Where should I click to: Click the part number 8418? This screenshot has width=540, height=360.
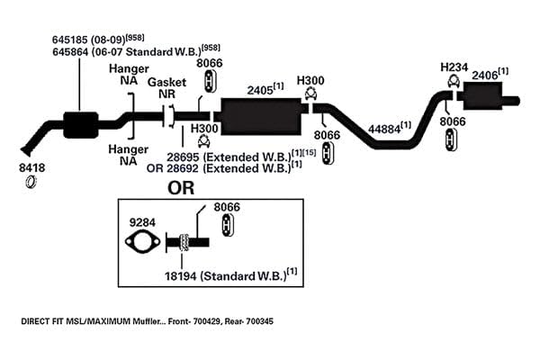point(31,167)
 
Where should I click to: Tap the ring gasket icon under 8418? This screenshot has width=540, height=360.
point(31,182)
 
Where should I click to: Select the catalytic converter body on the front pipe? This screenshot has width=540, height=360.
point(81,125)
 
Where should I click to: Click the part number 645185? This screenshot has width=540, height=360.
point(70,40)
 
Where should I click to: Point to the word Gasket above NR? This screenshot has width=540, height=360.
point(166,82)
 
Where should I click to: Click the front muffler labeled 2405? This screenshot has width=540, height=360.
point(261,116)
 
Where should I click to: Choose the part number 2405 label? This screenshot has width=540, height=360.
point(260,90)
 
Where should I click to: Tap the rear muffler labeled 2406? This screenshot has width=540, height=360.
point(482,96)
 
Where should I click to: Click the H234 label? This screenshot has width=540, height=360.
point(454,67)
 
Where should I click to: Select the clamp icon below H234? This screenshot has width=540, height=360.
point(454,81)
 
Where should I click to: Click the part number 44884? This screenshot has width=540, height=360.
point(384,130)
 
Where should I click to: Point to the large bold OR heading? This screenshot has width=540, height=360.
point(181,188)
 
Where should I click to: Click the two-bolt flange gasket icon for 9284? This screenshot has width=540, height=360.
point(142,242)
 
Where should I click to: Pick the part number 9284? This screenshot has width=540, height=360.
point(142,222)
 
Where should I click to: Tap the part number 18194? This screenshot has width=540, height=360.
point(181,276)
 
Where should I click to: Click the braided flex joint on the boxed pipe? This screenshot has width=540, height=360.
point(184,242)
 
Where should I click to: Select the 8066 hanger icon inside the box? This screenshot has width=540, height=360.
point(228,225)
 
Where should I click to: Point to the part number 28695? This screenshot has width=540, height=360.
point(183,157)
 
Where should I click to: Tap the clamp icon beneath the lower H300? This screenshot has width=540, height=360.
point(204,141)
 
